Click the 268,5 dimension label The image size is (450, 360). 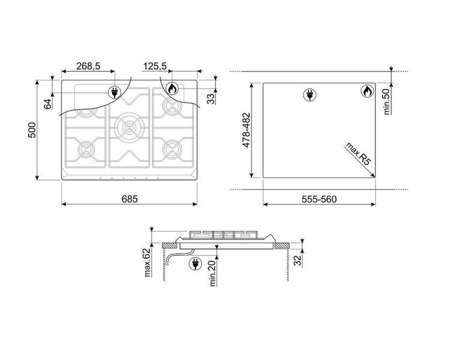pos(88,67)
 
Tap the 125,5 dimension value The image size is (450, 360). pos(155,67)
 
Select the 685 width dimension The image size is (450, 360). pos(130,199)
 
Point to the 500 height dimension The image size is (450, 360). pos(32,130)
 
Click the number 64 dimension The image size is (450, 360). pos(48,104)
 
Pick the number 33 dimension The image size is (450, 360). pos(211,99)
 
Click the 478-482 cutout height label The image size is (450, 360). pos(247,130)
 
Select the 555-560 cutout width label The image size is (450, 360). pos(319,199)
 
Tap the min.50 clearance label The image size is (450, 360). pos(387,101)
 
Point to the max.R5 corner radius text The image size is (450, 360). pos(358,154)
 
